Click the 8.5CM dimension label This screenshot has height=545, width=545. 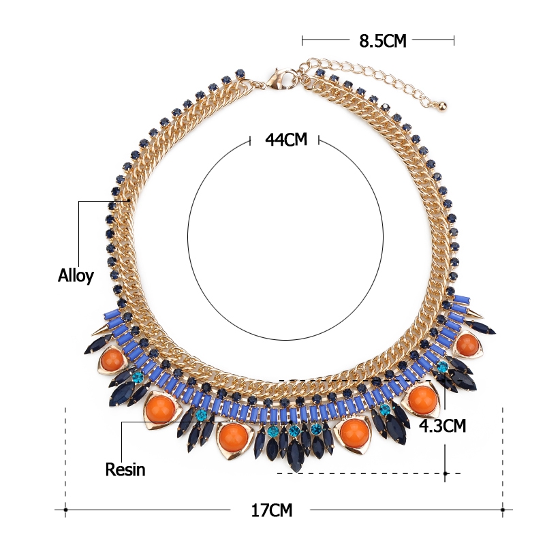[383, 41]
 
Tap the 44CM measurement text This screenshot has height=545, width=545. [286, 140]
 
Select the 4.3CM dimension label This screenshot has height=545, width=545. [442, 425]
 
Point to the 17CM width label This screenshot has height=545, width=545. [272, 510]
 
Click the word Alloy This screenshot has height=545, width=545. [76, 276]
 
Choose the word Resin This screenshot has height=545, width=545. [125, 469]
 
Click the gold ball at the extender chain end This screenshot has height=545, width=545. [442, 106]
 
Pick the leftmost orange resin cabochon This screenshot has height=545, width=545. [112, 359]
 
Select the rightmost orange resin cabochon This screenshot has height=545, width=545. [467, 343]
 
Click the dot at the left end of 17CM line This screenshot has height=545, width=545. [65, 510]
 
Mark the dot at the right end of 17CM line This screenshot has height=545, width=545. [503, 510]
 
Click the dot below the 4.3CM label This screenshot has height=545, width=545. [446, 473]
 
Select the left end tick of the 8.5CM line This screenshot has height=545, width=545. [302, 40]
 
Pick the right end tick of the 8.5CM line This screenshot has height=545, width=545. [454, 40]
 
